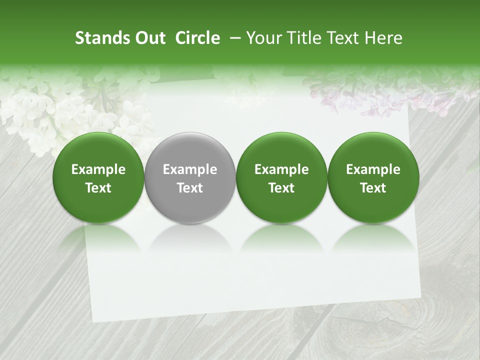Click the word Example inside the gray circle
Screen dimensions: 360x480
click(190, 169)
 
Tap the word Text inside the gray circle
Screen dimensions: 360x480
click(190, 188)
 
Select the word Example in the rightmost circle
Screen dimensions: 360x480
click(373, 169)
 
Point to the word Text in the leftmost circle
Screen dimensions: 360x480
click(98, 188)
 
